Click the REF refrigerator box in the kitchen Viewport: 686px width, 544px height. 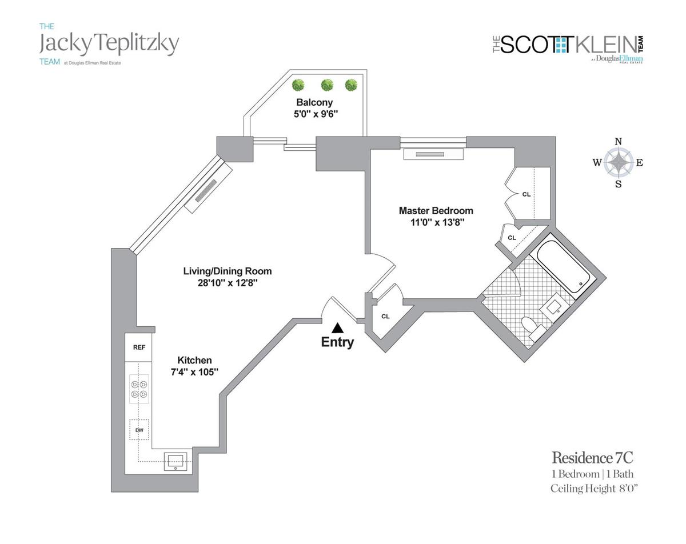(x=138, y=347)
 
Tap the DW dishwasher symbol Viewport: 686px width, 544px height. (x=139, y=430)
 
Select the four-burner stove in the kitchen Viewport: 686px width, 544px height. (x=139, y=389)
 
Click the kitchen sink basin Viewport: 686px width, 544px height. (x=176, y=461)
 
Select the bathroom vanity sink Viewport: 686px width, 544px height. (x=554, y=307)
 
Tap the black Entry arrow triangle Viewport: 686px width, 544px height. (x=337, y=327)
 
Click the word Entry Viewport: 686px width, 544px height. (x=337, y=342)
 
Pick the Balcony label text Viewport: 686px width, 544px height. (x=314, y=102)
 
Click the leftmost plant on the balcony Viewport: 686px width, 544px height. (x=298, y=85)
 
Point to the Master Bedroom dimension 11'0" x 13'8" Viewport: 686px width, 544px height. (x=436, y=222)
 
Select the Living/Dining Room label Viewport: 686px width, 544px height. (x=228, y=271)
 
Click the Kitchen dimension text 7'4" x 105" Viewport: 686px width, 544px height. (x=194, y=372)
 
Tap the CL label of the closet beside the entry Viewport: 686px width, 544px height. (x=385, y=317)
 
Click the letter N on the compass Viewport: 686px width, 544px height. (x=618, y=142)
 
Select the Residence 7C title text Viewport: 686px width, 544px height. (x=592, y=458)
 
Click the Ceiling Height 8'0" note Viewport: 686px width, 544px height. (x=594, y=489)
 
